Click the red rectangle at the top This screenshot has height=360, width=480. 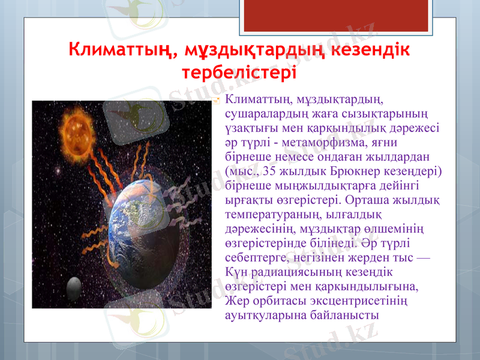point(306,15)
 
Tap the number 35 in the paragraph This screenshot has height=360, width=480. point(271,171)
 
